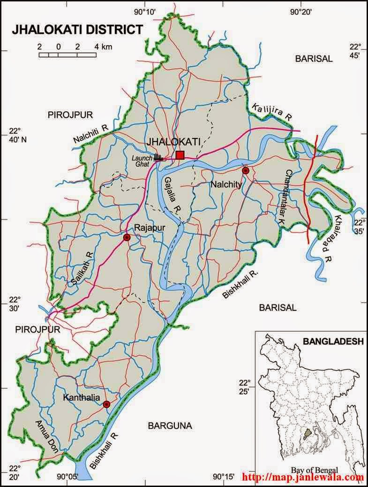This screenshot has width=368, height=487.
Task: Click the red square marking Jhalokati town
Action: pos(180,155)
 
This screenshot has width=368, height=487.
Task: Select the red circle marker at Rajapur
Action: pos(126,238)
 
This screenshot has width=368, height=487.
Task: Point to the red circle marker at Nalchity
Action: pos(245,170)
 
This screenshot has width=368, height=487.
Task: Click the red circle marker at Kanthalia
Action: pos(106,404)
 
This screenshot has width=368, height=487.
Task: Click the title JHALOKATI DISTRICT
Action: pos(77,30)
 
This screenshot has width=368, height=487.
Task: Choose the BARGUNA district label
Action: pos(170,426)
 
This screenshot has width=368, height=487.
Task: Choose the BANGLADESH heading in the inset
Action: pos(333,341)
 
